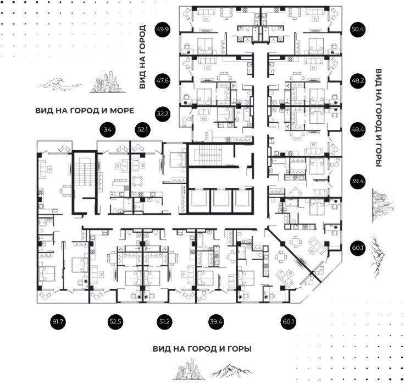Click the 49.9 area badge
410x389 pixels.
[163, 29]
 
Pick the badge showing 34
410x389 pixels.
[107, 130]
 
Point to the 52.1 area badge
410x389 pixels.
[143, 130]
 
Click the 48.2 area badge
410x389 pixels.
[357, 80]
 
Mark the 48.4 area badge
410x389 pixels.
[357, 130]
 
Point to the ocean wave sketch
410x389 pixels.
[54, 84]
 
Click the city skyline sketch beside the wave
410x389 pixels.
[108, 81]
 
